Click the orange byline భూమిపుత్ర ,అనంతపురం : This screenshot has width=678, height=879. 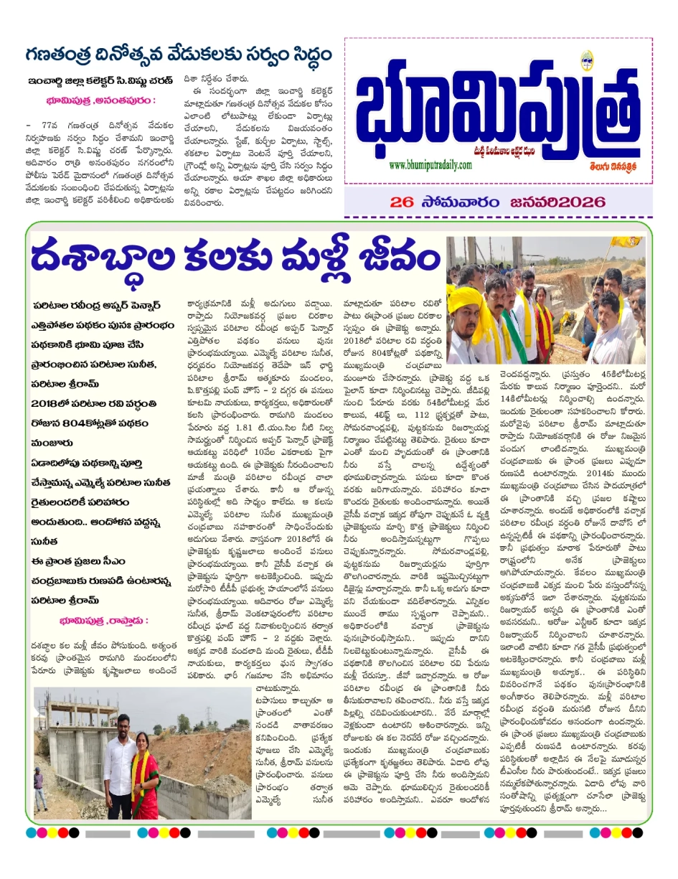click(x=99, y=100)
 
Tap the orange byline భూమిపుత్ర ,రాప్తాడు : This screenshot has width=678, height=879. click(x=105, y=619)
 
